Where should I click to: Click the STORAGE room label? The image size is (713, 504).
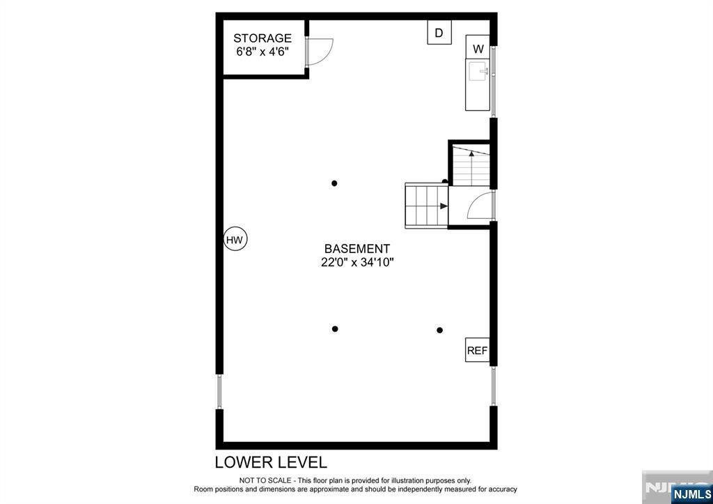[263, 38]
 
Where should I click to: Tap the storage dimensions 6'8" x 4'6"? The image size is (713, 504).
[263, 52]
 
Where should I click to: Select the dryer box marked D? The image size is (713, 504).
[439, 33]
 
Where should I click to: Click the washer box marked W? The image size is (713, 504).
[478, 47]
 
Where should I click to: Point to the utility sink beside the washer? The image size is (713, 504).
[478, 84]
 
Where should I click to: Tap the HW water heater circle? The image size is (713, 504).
[235, 240]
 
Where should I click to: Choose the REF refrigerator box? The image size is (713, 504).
[477, 350]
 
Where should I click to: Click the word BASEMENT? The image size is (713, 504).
[357, 249]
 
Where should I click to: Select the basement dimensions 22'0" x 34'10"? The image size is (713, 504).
[357, 263]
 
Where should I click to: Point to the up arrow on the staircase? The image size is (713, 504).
[471, 167]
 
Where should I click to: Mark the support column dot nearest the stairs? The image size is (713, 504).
[334, 183]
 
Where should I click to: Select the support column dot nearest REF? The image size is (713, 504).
[440, 330]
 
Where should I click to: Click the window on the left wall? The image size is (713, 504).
[219, 392]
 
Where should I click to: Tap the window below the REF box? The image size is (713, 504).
[494, 386]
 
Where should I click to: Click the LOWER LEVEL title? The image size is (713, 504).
[271, 462]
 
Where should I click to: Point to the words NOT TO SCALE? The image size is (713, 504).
[265, 481]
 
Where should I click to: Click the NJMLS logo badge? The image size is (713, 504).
[691, 494]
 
